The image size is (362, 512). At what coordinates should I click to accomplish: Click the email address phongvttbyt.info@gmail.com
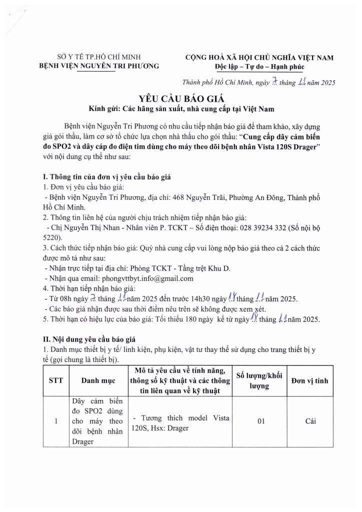point(147,278)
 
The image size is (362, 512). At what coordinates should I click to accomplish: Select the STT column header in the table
point(56,380)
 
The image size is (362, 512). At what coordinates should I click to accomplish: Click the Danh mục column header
point(98,380)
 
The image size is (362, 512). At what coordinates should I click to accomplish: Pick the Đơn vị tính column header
point(310,380)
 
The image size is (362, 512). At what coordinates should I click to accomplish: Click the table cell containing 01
point(260,422)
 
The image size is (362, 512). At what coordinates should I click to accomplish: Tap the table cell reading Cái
point(310,422)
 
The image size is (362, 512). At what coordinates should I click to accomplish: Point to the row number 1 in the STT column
point(56,422)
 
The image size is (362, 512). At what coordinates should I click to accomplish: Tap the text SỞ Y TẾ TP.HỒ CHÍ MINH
point(98,57)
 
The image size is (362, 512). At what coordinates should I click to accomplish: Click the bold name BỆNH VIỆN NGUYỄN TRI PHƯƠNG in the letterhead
point(98,66)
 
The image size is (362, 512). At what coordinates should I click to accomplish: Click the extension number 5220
point(52,238)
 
